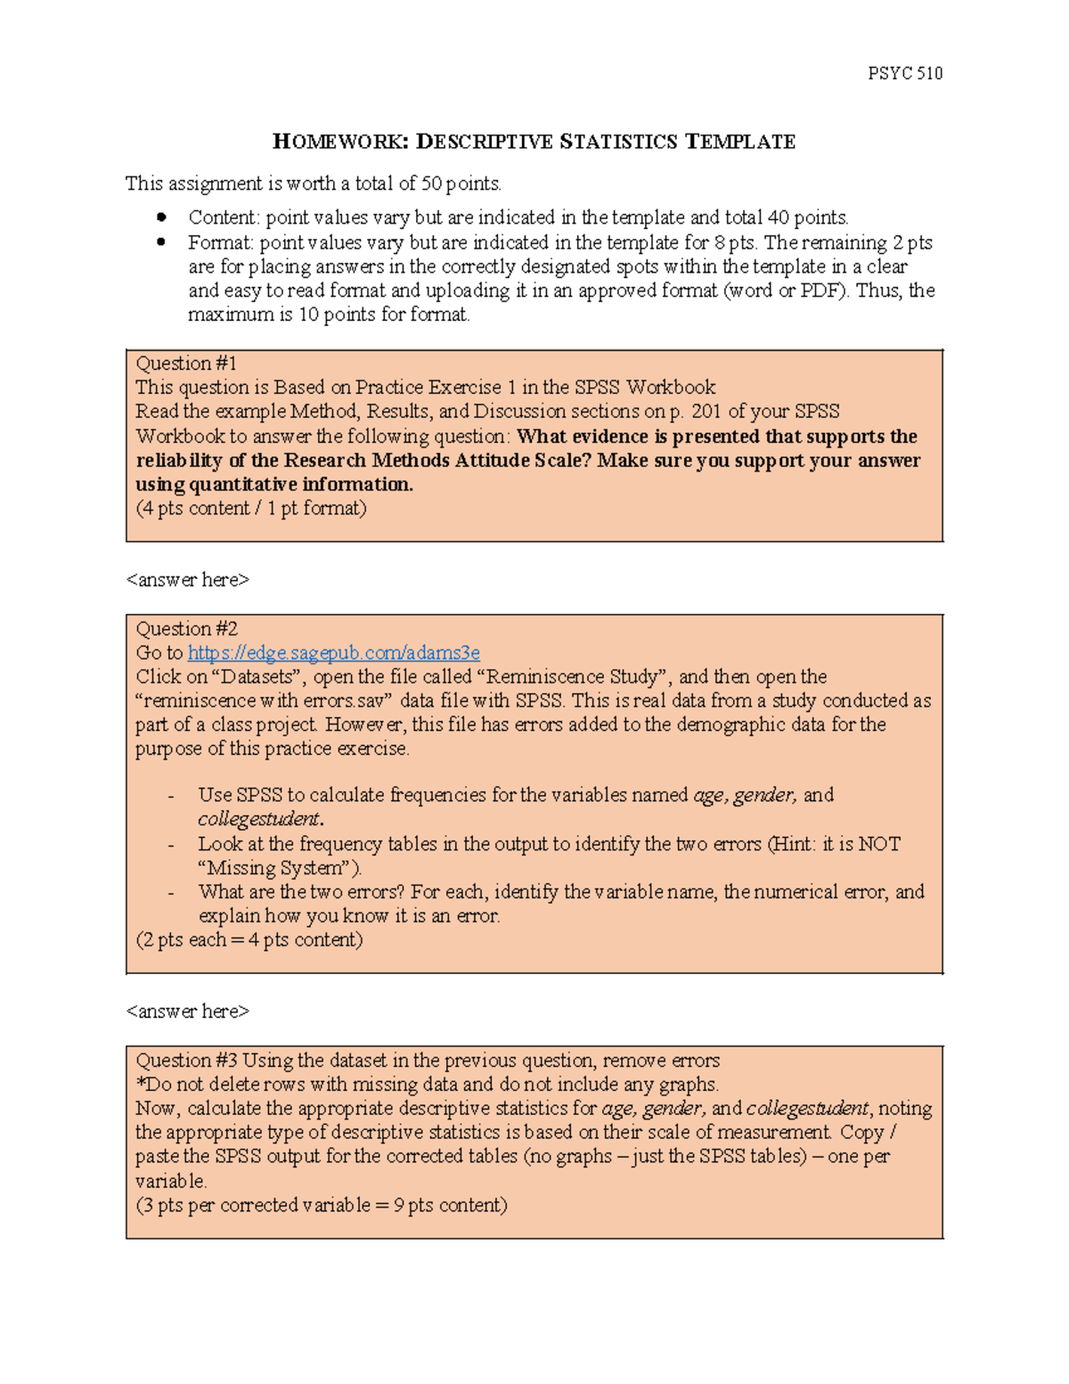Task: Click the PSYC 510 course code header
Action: point(904,73)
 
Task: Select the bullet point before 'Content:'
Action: point(161,217)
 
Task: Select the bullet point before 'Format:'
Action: point(161,242)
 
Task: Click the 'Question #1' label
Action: point(186,363)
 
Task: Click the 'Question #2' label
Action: point(186,628)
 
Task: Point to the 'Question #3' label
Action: point(186,1060)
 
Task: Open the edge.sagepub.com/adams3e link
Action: point(333,652)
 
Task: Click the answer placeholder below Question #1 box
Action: point(187,579)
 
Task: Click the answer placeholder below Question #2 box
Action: point(187,1011)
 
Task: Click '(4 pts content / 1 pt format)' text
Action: point(251,508)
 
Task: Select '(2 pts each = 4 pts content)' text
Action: point(249,939)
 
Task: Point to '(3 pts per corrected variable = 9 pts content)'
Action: point(321,1205)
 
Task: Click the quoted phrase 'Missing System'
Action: point(279,868)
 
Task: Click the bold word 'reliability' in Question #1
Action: point(179,460)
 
